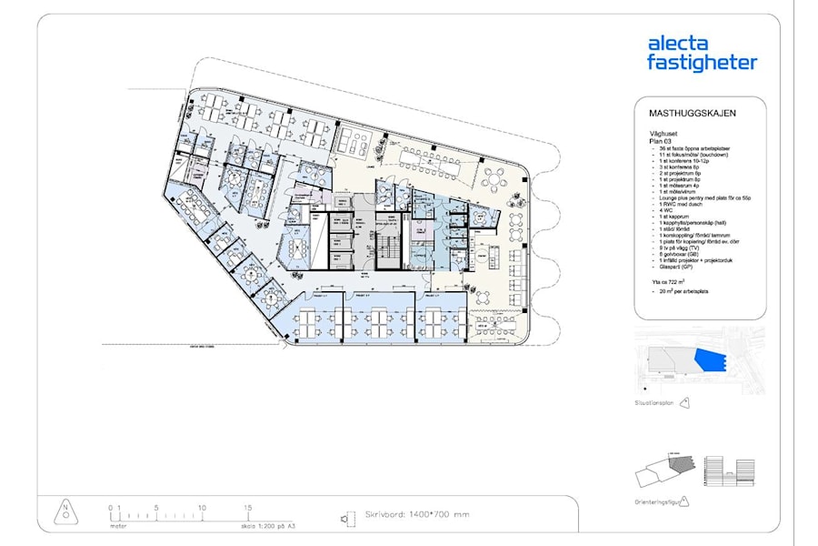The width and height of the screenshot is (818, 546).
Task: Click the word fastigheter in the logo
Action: pos(701,63)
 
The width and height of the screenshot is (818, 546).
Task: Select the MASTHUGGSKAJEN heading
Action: pos(692,114)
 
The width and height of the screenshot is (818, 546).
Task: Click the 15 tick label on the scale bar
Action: pos(247,507)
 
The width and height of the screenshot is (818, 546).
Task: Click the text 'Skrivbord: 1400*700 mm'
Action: pos(417,515)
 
